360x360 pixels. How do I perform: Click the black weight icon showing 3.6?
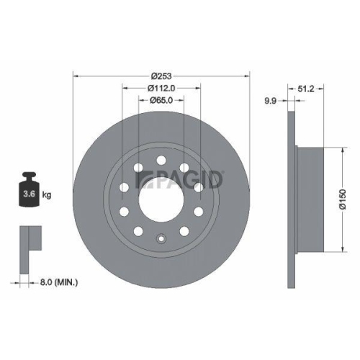(29, 191)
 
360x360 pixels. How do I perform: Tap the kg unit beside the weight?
(45, 194)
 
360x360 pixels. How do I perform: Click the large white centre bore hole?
(161, 200)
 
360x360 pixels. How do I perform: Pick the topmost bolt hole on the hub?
(162, 160)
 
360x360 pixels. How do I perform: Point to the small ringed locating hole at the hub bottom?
(162, 240)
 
